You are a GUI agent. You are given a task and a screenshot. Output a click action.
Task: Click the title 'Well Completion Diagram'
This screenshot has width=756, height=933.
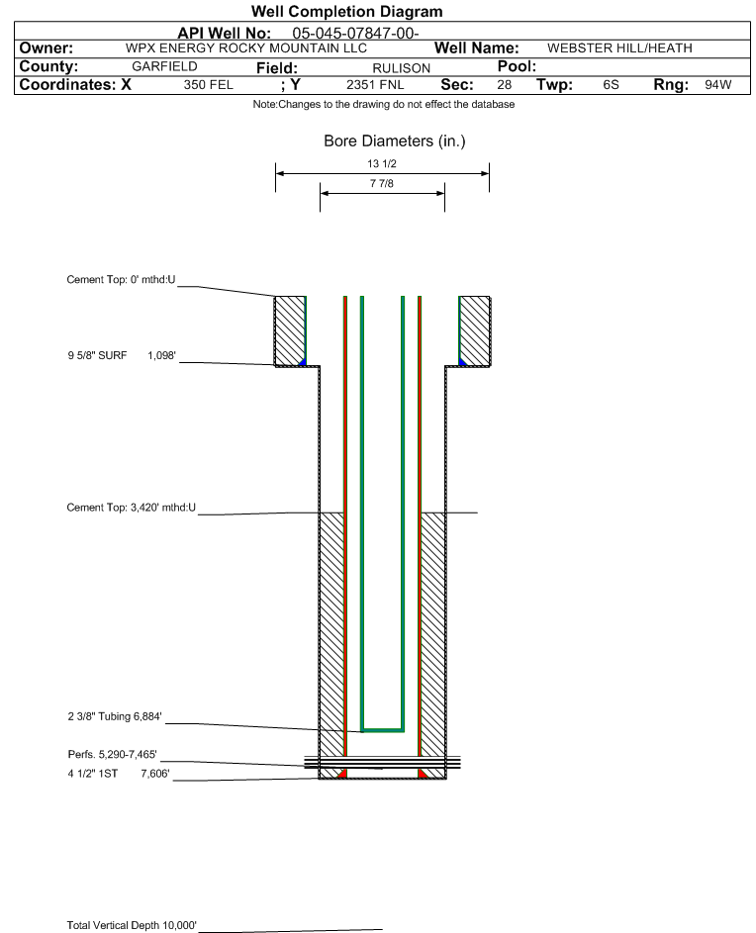pos(347,11)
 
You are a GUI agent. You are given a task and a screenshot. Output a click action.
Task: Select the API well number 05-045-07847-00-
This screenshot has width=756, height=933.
pos(355,34)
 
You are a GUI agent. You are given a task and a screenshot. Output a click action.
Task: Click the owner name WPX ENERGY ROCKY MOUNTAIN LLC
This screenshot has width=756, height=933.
pos(246,48)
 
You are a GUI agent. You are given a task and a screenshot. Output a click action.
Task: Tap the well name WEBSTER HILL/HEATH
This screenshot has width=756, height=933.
pos(619,48)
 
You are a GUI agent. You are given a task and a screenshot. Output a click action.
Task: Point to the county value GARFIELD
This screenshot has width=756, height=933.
pos(164,66)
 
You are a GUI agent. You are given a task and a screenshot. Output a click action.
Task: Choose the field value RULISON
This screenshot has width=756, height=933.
pos(401,68)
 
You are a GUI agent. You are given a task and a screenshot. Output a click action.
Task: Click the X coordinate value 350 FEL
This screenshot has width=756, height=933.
pos(209,85)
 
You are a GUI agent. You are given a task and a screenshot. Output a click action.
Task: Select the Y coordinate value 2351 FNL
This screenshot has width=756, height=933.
pos(375,85)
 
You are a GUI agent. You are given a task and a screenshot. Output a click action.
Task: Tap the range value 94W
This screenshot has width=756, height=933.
pos(717,84)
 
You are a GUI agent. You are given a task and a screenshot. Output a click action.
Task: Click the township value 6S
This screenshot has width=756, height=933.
pos(611,84)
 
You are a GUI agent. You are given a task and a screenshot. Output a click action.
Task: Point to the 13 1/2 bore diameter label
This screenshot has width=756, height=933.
pos(382,163)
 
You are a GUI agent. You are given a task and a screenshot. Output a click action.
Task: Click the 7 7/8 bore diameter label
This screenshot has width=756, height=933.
pos(382,183)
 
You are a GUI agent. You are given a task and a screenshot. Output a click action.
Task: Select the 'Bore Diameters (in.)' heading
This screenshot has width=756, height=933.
pos(395,141)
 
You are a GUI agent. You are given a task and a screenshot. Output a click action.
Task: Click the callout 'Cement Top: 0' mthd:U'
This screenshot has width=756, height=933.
pos(121,280)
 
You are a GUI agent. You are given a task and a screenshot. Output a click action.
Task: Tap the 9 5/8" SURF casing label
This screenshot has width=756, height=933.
pos(97,356)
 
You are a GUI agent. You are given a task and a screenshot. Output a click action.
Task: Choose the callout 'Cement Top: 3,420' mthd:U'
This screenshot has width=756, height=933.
pos(131,508)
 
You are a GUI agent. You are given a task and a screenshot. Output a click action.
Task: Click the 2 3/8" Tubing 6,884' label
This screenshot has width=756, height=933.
pos(115,716)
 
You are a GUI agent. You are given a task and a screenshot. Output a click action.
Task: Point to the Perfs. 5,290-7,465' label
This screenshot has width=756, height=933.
pos(112,755)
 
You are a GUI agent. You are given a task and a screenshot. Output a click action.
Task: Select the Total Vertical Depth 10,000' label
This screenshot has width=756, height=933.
pos(132,925)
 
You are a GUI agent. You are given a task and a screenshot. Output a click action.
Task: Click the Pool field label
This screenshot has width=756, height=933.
pos(517,66)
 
